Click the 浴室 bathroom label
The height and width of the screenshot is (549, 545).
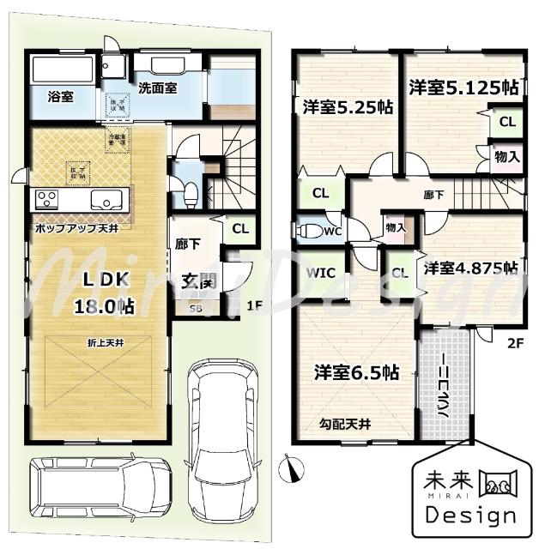59,97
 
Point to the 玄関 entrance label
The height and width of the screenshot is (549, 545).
198,281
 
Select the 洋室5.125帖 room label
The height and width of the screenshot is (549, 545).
463,87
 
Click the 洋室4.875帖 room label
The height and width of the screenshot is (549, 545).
469,267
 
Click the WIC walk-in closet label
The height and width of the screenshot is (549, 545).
318,274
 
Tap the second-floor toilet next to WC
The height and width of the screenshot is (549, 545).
307,231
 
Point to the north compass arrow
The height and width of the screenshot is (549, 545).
294,469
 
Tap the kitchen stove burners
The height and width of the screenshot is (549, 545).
45,200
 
